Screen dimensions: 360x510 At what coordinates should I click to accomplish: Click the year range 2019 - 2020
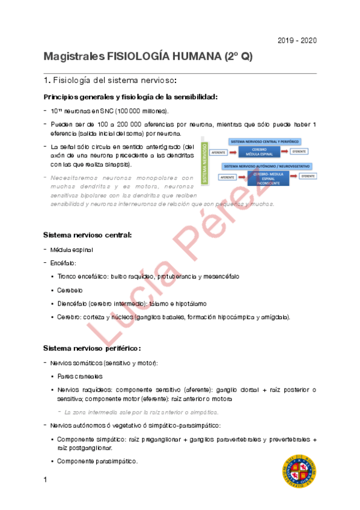point(297,41)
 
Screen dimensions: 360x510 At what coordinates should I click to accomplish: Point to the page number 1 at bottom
point(45,480)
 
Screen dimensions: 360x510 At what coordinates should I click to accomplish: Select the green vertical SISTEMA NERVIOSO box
point(206,162)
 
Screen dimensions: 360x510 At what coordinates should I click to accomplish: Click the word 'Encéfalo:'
point(63,263)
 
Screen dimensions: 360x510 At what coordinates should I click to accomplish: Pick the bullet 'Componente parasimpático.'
point(97,461)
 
